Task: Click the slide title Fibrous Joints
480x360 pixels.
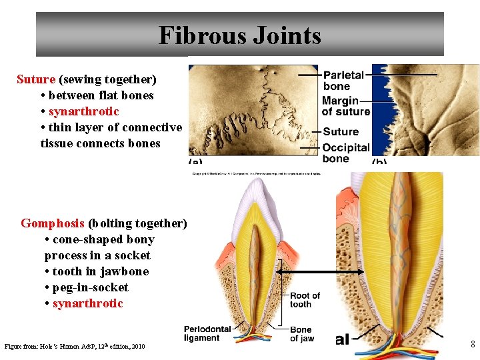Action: click(x=239, y=35)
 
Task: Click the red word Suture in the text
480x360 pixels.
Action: click(x=36, y=79)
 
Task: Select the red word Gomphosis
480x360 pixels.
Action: click(x=53, y=223)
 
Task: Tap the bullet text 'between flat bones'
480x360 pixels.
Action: click(x=101, y=95)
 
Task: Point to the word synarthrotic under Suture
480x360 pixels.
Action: click(x=84, y=111)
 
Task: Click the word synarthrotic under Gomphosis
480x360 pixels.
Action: click(x=88, y=303)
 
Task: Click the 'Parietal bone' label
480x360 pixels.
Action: click(x=343, y=81)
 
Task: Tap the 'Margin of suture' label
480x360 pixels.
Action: click(x=345, y=107)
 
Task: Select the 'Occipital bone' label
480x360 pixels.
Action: click(x=345, y=153)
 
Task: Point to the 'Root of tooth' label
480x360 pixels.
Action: click(x=305, y=300)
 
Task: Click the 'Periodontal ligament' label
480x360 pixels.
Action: click(x=207, y=333)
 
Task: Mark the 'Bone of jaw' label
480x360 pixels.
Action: click(x=302, y=334)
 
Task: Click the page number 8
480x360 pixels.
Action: click(x=472, y=345)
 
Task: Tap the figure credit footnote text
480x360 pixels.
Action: click(x=75, y=346)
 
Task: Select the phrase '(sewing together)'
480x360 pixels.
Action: click(x=108, y=79)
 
